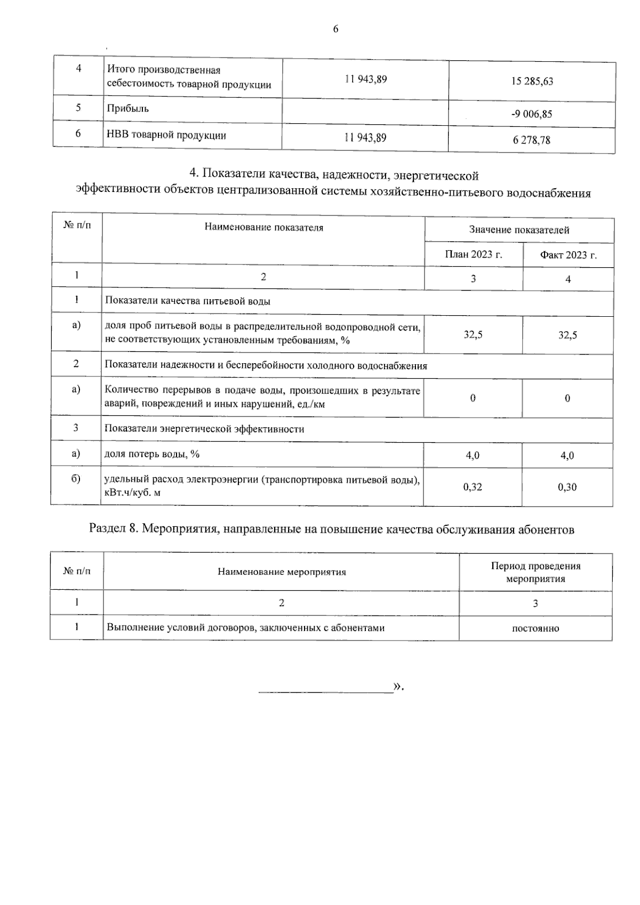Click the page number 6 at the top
335,29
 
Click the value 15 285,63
532,81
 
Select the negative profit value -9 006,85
531,114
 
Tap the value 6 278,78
531,140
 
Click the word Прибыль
128,109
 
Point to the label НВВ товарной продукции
166,135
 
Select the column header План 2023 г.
473,254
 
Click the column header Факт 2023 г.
568,255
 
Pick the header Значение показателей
519,230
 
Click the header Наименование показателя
263,228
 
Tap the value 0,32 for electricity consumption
473,486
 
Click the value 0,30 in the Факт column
567,486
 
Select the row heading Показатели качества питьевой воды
187,301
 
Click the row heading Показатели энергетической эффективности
204,429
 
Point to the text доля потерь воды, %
152,454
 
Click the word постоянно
535,628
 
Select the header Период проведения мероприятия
535,572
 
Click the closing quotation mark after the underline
397,686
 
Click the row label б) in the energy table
76,478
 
